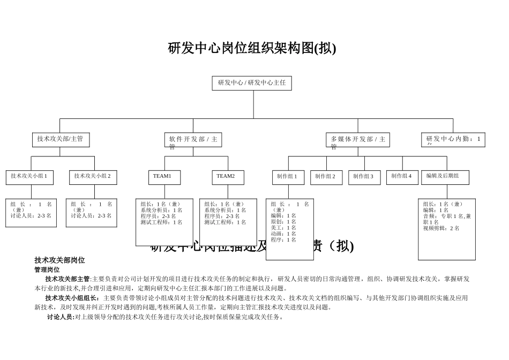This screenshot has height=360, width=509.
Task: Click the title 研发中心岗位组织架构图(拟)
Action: (252, 49)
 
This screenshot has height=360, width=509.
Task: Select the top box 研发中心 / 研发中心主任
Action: (252, 83)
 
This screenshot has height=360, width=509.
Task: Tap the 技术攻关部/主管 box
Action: (60, 139)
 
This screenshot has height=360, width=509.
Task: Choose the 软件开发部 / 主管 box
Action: (193, 140)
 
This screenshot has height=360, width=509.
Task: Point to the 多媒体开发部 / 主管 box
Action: (357, 140)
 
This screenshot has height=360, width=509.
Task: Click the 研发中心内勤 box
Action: (453, 140)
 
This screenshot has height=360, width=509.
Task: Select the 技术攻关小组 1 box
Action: (29, 177)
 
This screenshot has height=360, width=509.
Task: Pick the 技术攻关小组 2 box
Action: (93, 177)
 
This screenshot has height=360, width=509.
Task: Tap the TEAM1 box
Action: (164, 177)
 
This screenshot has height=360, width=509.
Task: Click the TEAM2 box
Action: (227, 177)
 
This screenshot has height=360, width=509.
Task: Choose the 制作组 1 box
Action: (288, 177)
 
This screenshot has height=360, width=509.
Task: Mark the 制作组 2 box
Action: (326, 177)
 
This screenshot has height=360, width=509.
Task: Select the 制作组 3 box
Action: (364, 177)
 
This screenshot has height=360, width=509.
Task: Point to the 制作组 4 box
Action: (402, 177)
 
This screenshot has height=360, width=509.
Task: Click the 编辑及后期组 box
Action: (445, 177)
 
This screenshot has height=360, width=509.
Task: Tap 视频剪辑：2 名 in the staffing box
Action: (441, 228)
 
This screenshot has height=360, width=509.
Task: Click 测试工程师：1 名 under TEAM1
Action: (161, 222)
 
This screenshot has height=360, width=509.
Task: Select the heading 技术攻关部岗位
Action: (59, 260)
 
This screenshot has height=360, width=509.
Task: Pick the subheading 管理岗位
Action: (47, 270)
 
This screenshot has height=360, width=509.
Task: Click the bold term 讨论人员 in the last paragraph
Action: (61, 317)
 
